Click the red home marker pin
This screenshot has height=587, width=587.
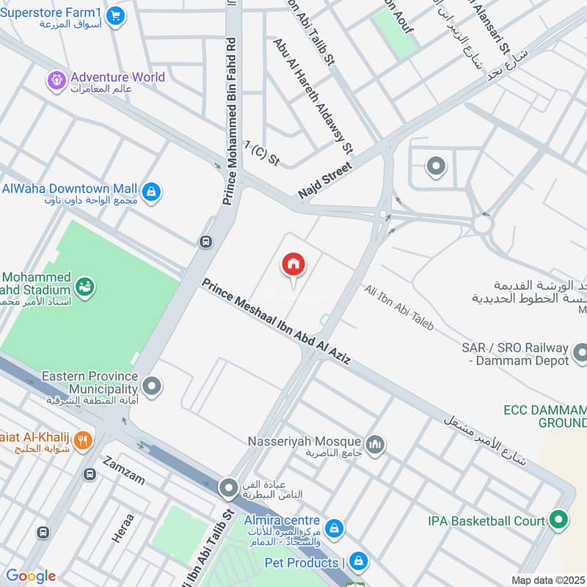(293, 264)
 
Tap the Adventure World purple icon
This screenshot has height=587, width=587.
(56, 78)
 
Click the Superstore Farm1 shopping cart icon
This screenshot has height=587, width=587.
(114, 15)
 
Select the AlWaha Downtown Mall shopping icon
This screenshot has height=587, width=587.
(151, 192)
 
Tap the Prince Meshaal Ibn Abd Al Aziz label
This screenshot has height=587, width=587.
(277, 322)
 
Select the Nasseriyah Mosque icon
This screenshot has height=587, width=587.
(376, 445)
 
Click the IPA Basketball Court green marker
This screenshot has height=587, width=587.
(559, 521)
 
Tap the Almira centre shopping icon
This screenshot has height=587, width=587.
(335, 528)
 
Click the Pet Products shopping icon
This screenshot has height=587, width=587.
(358, 562)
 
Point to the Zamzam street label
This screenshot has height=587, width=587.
(124, 470)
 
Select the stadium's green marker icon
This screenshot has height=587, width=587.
(85, 286)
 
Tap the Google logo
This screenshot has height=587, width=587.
(31, 576)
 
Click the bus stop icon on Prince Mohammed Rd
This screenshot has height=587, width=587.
(207, 241)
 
